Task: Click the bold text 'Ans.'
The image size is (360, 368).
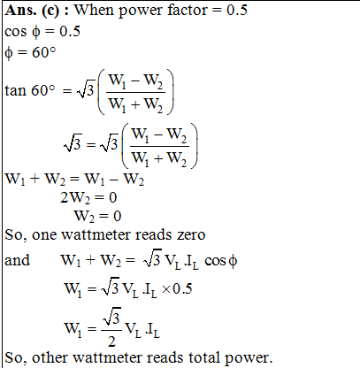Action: tap(20, 11)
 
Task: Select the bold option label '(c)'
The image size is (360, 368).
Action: tap(50, 11)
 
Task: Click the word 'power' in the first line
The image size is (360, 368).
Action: tap(141, 11)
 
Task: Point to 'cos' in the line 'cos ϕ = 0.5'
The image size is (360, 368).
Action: tap(16, 32)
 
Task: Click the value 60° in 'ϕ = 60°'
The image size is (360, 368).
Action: tap(44, 52)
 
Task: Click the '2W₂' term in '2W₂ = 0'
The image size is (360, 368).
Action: tap(75, 197)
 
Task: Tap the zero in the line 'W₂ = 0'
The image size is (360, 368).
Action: tap(118, 216)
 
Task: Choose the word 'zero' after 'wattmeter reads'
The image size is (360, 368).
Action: tap(191, 235)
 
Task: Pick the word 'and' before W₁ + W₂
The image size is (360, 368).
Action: tap(18, 260)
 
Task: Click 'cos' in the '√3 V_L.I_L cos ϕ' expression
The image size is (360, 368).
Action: tap(215, 261)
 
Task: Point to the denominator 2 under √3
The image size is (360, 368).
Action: tap(111, 341)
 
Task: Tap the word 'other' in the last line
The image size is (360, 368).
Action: tap(50, 357)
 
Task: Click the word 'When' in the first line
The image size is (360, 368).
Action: tap(95, 10)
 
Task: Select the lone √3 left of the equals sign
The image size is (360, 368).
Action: tap(73, 143)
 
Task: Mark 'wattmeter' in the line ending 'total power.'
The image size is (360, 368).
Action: tap(107, 357)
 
